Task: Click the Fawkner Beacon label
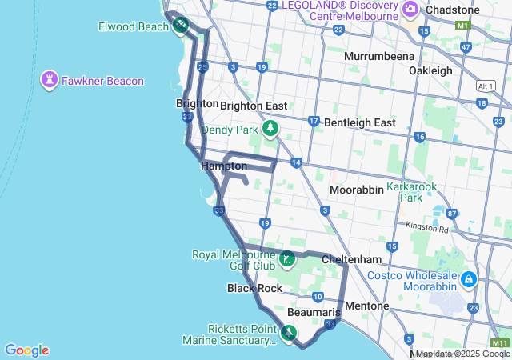coord(105,81)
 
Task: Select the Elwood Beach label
coord(134,26)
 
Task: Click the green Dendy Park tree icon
coord(270,128)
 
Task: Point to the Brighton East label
coord(254,106)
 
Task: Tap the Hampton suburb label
coord(224,166)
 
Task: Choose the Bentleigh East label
coord(360,122)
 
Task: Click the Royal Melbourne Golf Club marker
coord(287,259)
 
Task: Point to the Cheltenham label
coord(350,260)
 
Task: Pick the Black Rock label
coord(254,288)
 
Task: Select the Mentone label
coord(366,306)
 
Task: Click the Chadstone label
coord(454,9)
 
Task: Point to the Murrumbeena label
coord(379,56)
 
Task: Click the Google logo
coord(26,350)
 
